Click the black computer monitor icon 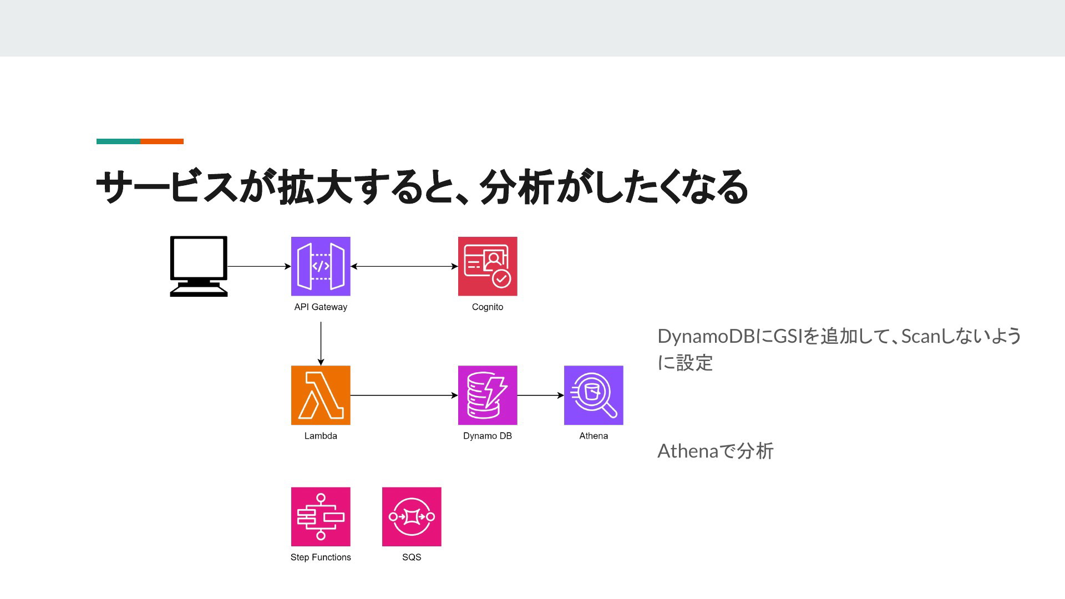pos(199,266)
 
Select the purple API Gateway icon pos(321,266)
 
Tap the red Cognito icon pos(488,266)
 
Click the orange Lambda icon pos(321,395)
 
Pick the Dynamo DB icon pos(488,395)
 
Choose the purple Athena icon pos(594,395)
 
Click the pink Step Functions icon pos(321,517)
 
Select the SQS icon pos(412,517)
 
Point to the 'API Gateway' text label pos(321,307)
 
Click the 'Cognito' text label pos(488,307)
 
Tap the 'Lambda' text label pos(321,436)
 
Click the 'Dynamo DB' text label pos(488,436)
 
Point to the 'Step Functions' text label pos(321,557)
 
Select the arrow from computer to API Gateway pos(260,266)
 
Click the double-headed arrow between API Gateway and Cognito pos(404,266)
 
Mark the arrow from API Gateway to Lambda pos(321,344)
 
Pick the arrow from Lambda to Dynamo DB pos(404,395)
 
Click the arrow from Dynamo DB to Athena pos(541,395)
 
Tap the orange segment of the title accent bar pos(162,141)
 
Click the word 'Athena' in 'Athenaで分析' pos(688,451)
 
